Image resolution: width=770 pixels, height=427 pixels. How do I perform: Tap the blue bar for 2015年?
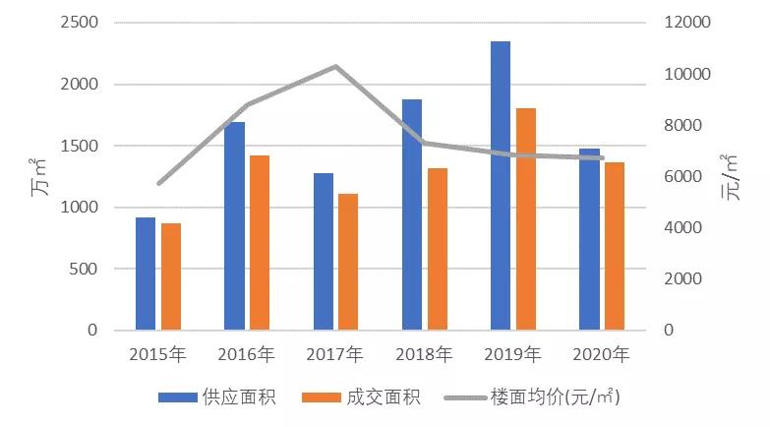pyautogui.click(x=146, y=274)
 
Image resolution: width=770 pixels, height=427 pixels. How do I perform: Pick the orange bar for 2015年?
pyautogui.click(x=171, y=276)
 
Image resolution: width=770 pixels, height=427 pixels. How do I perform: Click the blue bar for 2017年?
pyautogui.click(x=324, y=251)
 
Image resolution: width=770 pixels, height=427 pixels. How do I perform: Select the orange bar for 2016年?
pyautogui.click(x=260, y=242)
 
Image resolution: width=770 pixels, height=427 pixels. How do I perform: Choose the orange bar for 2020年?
pyautogui.click(x=615, y=246)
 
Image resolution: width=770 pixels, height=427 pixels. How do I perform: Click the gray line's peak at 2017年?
pyautogui.click(x=335, y=66)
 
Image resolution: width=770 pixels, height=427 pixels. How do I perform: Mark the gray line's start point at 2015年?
pyautogui.click(x=158, y=183)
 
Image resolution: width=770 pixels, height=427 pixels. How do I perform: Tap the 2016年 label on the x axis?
pyautogui.click(x=246, y=354)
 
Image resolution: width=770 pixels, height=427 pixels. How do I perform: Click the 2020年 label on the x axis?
pyautogui.click(x=601, y=354)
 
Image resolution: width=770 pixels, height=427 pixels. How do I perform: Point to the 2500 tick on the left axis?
pyautogui.click(x=80, y=23)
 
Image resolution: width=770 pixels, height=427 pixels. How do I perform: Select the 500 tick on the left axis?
pyautogui.click(x=85, y=269)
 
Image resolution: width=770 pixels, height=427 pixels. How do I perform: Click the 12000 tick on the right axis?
pyautogui.click(x=684, y=23)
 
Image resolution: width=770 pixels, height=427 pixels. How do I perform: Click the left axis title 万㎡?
pyautogui.click(x=42, y=176)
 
